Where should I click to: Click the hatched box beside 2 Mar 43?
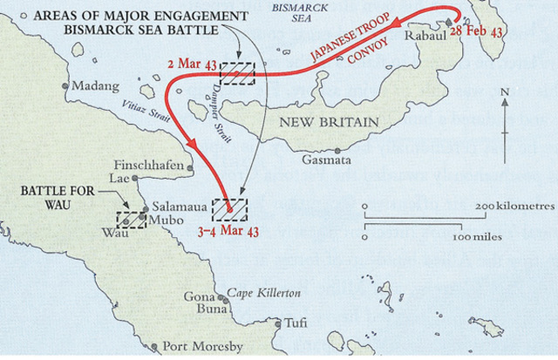click(237, 73)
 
